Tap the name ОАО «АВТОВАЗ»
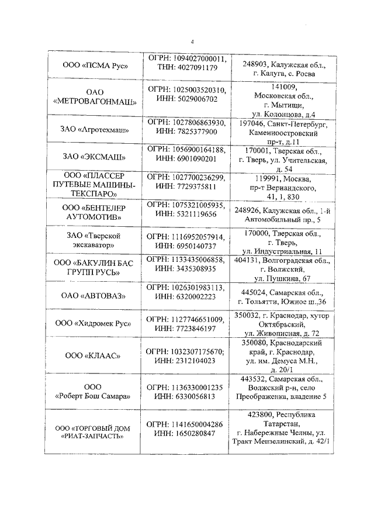click(x=95, y=296)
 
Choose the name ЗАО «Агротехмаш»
click(x=95, y=128)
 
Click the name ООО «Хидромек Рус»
click(x=95, y=323)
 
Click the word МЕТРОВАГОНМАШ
click(x=95, y=101)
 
